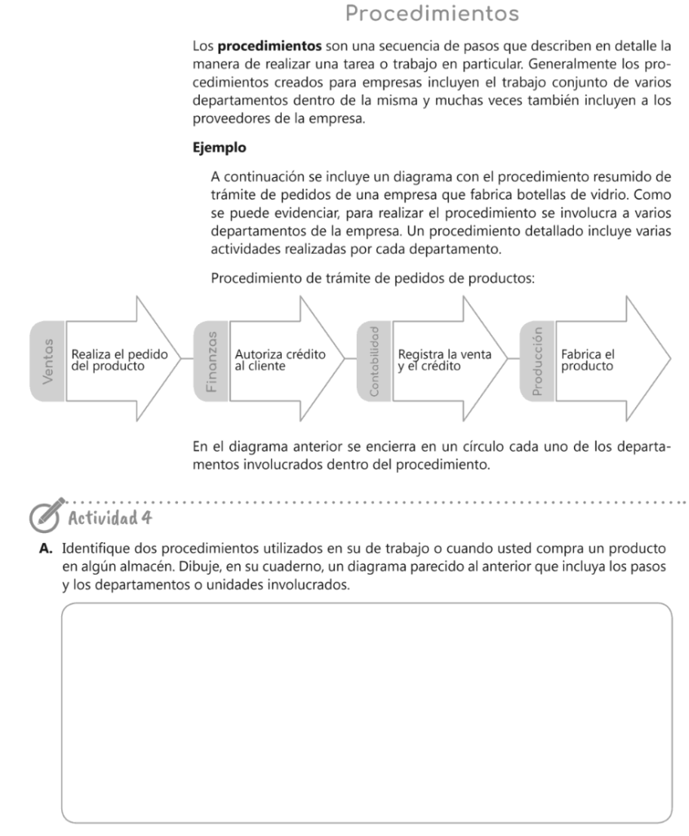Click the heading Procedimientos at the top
432,14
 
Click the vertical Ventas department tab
48,360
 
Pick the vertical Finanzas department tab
211,360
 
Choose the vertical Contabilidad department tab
374,360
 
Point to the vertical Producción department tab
536,360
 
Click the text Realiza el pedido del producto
120,360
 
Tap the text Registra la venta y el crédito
445,360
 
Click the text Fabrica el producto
588,360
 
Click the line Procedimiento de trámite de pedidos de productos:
372,278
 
